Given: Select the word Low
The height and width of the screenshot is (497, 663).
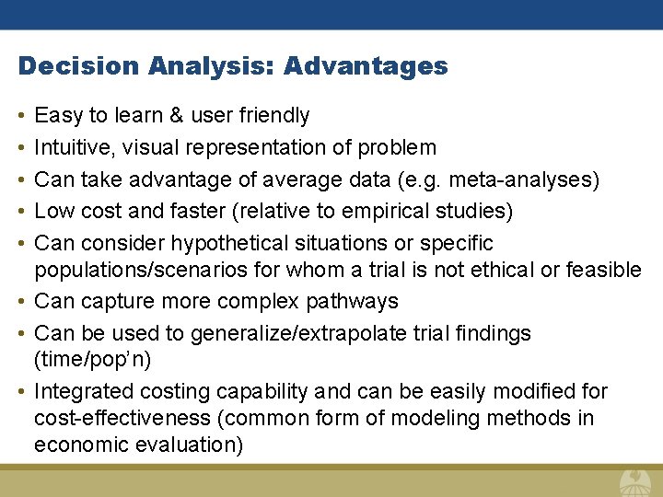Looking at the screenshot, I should pos(53,212).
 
